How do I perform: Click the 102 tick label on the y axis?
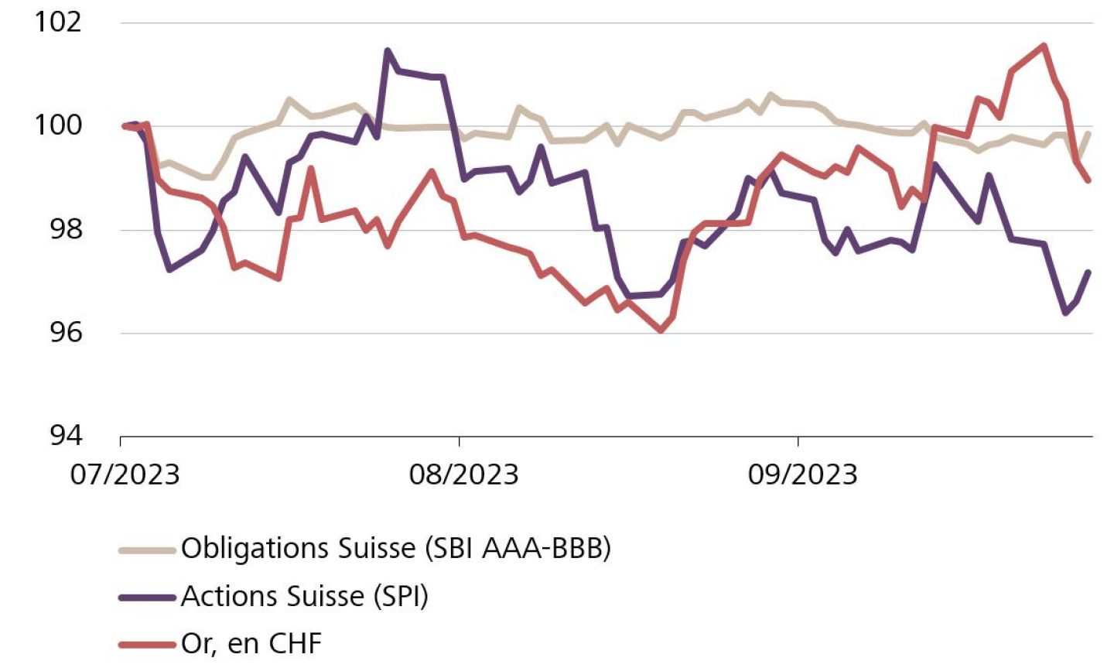click(58, 22)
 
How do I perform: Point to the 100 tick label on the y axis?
click(58, 125)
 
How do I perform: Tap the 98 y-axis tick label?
click(65, 229)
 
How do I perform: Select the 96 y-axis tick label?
click(65, 332)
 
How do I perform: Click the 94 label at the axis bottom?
click(65, 436)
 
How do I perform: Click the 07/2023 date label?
click(125, 474)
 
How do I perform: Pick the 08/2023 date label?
click(463, 474)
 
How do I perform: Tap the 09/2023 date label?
click(802, 474)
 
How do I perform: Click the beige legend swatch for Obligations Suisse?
click(147, 550)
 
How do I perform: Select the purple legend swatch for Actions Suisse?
click(147, 597)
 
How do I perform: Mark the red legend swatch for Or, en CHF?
click(147, 643)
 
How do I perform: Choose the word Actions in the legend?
click(223, 596)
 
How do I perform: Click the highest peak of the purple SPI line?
click(388, 51)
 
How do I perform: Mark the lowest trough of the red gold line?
click(661, 331)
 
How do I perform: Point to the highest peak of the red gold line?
click(1044, 46)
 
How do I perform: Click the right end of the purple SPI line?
click(1088, 272)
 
